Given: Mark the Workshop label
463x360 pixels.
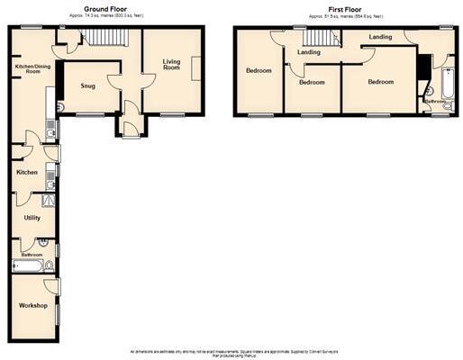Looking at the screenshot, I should point(32,305).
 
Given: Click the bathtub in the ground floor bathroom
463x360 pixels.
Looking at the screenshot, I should point(23,266).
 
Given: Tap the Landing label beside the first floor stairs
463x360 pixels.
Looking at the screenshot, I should point(309,52).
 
